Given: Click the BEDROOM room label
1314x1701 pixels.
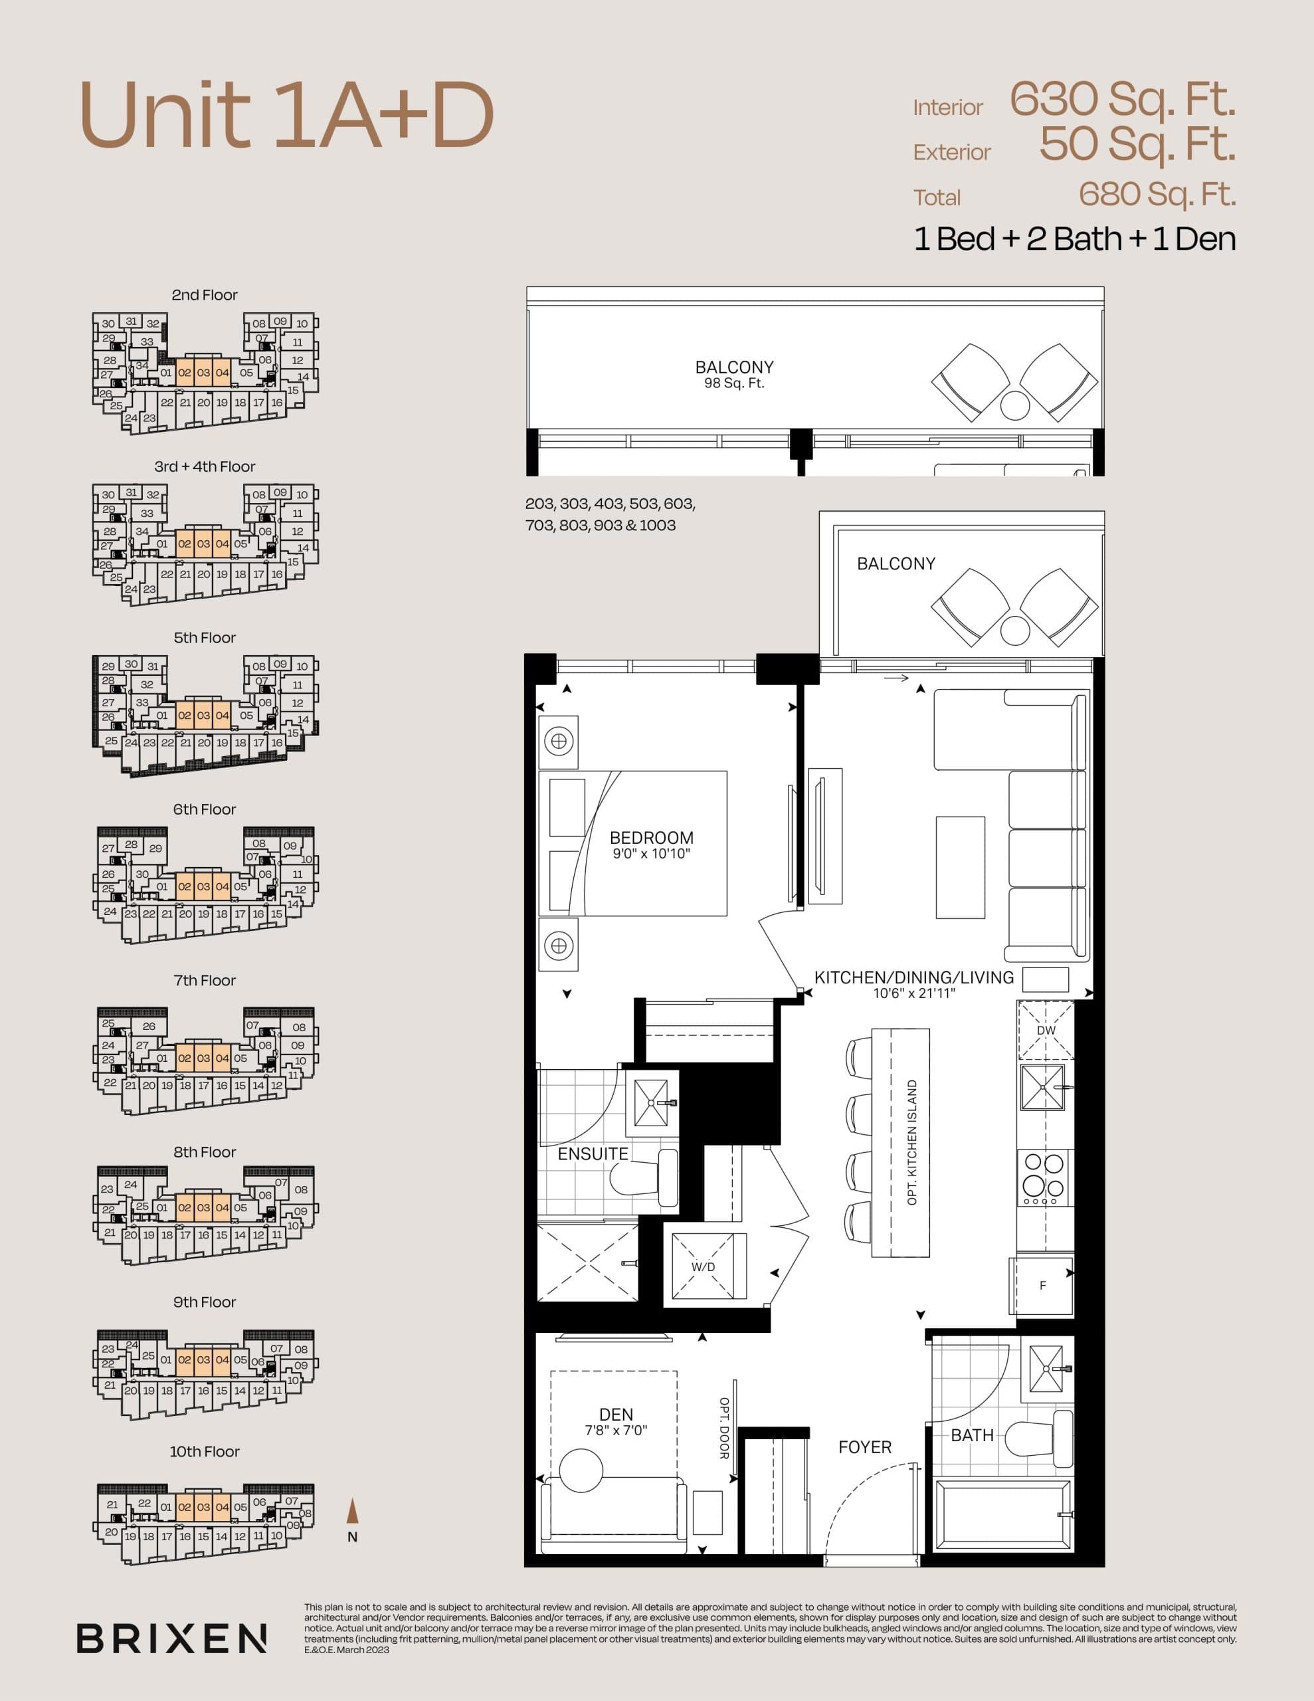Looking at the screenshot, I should (x=651, y=838).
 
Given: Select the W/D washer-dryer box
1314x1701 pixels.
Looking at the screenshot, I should (x=703, y=1266).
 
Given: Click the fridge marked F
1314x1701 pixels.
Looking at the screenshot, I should (x=1042, y=1286).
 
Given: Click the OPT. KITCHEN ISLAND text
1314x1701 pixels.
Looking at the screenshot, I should (x=912, y=1143).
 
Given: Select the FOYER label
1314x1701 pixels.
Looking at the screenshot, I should (x=864, y=1447).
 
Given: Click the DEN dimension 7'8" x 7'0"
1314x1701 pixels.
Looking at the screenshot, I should (x=616, y=1431).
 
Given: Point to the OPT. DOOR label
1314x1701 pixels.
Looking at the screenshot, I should (x=724, y=1429).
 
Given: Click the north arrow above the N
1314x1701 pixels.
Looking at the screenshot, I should (x=352, y=1510).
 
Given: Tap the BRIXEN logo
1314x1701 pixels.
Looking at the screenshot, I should (x=171, y=1638).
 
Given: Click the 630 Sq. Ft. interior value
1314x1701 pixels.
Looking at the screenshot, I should (x=1123, y=100).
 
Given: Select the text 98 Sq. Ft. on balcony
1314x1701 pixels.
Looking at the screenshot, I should (x=733, y=383).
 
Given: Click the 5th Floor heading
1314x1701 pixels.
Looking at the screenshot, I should (x=204, y=638).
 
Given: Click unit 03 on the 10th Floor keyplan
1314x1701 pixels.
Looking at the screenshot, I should (x=203, y=1507).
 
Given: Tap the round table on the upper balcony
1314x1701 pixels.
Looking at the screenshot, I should (x=1015, y=404).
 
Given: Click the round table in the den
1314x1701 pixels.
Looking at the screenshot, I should (x=581, y=1469).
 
